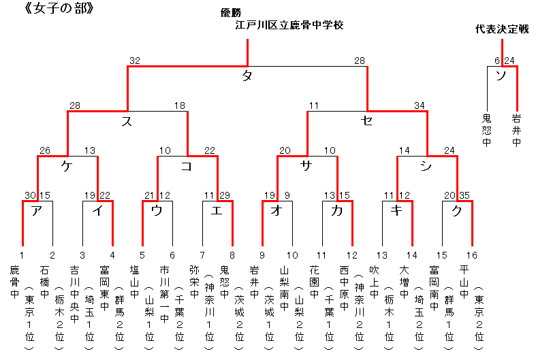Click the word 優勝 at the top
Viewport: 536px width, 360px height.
(x=231, y=12)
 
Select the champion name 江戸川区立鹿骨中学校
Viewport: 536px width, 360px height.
(x=289, y=25)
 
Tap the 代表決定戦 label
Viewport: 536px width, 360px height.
(x=503, y=29)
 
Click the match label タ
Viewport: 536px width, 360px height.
(x=247, y=76)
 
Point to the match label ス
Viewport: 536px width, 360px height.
(x=126, y=121)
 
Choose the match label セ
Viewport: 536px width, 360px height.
(x=367, y=121)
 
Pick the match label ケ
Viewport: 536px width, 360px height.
(x=67, y=165)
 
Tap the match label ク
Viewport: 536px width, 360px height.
(x=456, y=210)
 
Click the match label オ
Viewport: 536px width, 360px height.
(x=277, y=210)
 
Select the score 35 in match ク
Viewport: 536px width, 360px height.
(x=465, y=195)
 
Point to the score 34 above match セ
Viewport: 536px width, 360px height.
(x=421, y=105)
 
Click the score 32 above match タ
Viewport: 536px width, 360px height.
(x=135, y=61)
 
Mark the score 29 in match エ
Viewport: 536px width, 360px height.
(x=225, y=195)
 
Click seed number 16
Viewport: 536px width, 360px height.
(x=473, y=255)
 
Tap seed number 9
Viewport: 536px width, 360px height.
(x=262, y=255)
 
